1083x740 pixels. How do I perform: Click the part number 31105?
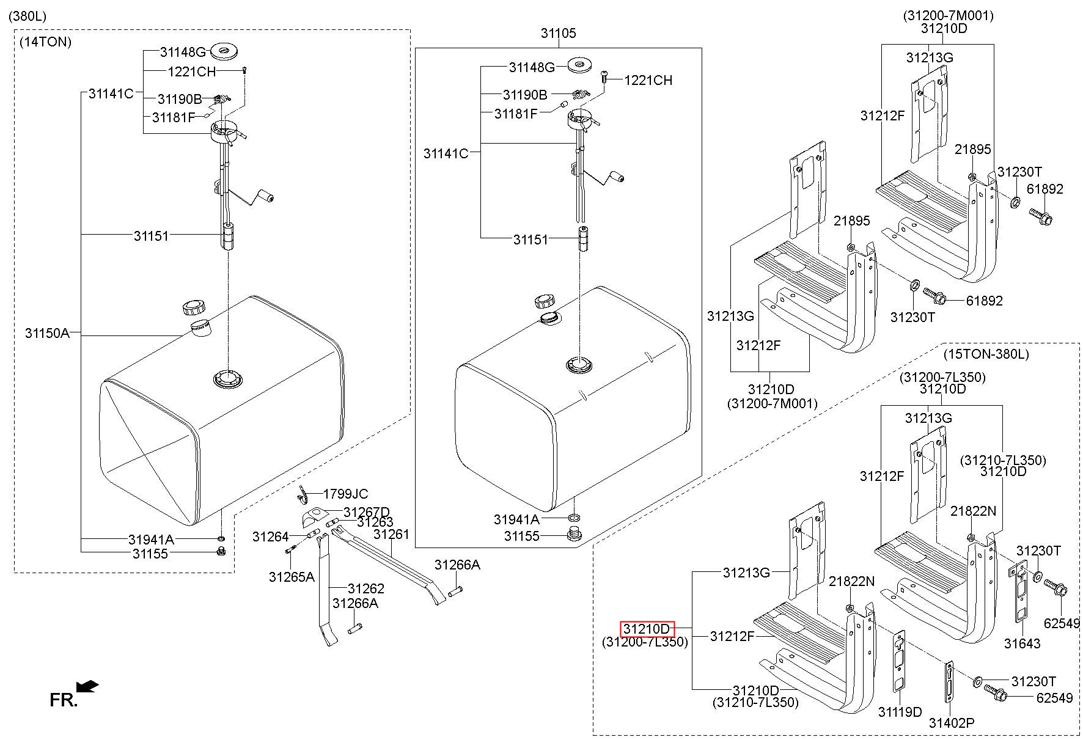tap(558, 33)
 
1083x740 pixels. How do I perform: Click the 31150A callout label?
tap(47, 333)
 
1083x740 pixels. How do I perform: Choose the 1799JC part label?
tap(345, 494)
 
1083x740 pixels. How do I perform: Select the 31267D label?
tap(367, 511)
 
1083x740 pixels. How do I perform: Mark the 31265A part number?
tap(292, 577)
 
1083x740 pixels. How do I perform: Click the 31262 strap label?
tap(366, 588)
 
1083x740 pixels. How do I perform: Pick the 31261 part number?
tap(391, 534)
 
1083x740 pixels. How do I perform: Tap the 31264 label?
tap(270, 537)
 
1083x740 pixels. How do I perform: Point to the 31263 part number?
tap(375, 522)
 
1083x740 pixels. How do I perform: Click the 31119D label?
tap(900, 712)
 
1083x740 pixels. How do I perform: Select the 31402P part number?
tap(952, 723)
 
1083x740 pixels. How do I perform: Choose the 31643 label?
tap(1022, 643)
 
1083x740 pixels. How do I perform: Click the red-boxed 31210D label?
tap(647, 629)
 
